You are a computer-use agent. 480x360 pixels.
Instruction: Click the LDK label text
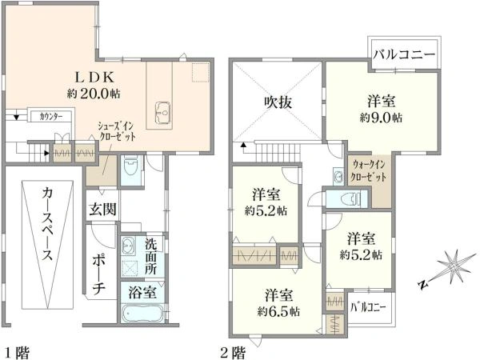pos(94,77)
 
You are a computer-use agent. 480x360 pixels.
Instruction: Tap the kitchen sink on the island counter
pos(162,113)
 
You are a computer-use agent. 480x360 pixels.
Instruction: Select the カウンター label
pos(51,117)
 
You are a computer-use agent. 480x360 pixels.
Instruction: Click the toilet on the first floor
pos(131,167)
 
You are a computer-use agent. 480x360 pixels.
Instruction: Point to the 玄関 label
pos(103,209)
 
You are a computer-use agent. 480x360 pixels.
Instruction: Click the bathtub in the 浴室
pos(142,313)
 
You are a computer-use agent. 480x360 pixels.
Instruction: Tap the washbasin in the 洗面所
pos(127,246)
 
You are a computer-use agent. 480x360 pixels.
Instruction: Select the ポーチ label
pos(99,274)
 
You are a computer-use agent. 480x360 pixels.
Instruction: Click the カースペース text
pos(47,224)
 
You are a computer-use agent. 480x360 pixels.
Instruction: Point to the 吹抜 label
pos(278,102)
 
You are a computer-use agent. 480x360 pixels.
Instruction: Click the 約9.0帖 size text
pos(381,118)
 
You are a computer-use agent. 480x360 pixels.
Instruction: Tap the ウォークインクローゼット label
pos(368,171)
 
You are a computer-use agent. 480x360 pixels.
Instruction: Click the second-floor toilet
pos(351,199)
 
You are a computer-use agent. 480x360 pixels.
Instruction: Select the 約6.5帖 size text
pos(278,312)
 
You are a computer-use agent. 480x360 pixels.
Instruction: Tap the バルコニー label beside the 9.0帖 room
pos(404,54)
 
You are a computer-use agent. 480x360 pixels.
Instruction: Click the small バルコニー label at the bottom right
pos(368,307)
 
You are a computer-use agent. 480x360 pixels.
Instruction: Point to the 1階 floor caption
pos(18,352)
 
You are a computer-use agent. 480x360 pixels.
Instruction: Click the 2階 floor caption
pos(234,352)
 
